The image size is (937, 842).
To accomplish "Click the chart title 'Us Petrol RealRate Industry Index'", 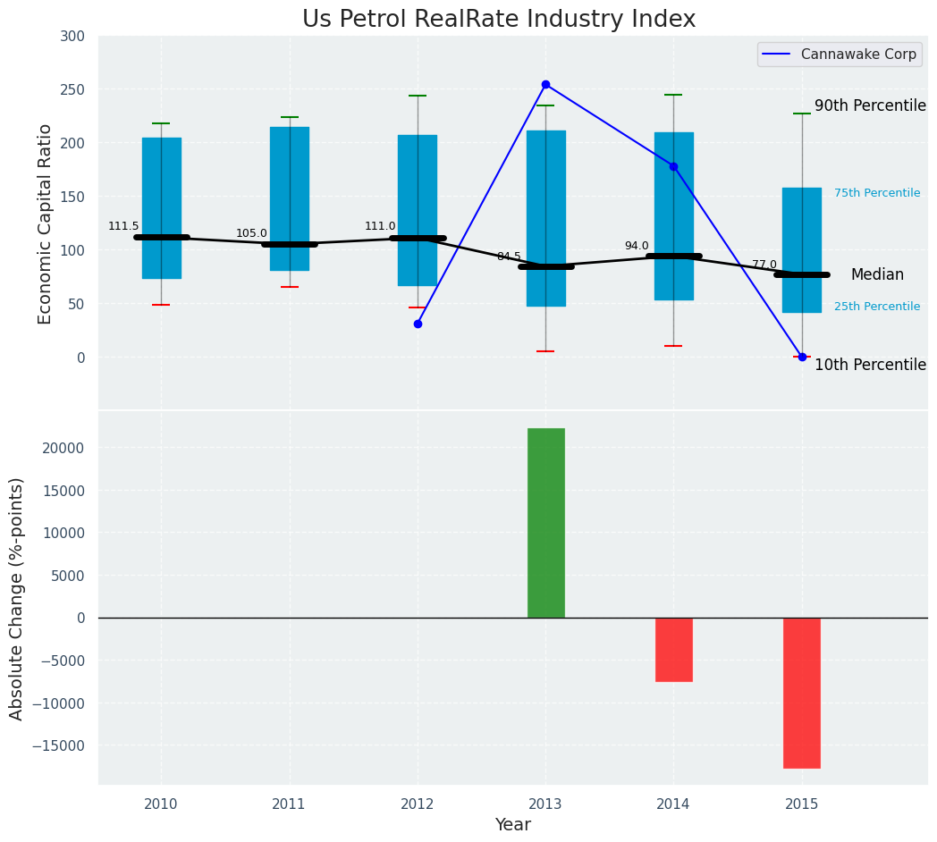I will tap(498, 20).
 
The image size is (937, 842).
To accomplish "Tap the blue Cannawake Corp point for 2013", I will tap(545, 85).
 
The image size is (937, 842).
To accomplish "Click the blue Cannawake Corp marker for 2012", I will tap(418, 324).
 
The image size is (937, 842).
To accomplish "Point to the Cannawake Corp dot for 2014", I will tap(673, 166).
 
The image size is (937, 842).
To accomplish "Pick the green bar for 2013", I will tap(545, 523).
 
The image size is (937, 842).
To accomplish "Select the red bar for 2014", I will tap(673, 650).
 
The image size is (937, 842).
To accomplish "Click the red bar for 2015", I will tap(801, 693).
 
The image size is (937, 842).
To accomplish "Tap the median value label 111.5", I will tap(123, 227).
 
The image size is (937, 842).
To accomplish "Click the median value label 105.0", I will tap(251, 234).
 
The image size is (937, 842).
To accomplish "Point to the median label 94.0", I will tap(637, 247).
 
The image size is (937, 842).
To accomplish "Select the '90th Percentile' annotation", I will tap(869, 105).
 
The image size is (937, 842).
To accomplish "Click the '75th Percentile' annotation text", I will tap(876, 193).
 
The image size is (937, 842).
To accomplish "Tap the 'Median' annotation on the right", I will tap(876, 275).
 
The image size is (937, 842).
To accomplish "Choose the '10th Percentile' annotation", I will tap(869, 365).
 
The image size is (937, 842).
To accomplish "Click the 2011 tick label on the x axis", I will tap(289, 804).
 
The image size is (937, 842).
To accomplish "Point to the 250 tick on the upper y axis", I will tap(72, 89).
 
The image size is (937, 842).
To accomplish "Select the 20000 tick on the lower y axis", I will tap(66, 448).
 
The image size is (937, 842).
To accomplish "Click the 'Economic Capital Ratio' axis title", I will tap(45, 223).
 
